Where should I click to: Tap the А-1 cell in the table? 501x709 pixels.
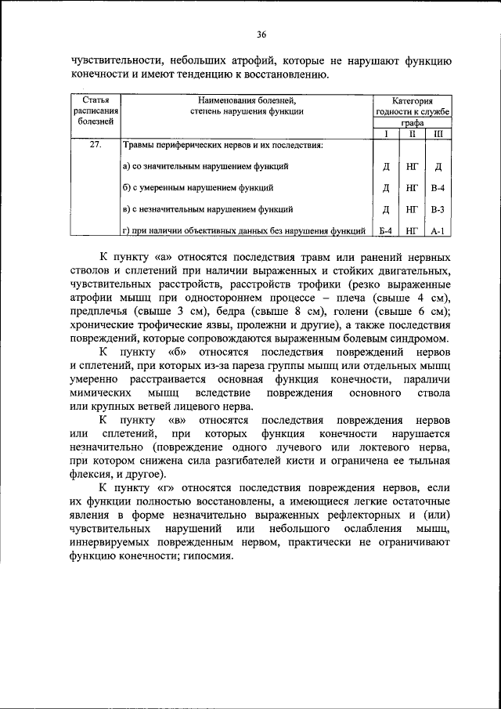438,231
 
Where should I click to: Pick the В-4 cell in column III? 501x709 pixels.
438,188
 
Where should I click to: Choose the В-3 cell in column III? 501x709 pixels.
438,210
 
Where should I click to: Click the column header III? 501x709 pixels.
438,134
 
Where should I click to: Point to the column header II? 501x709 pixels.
411,134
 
